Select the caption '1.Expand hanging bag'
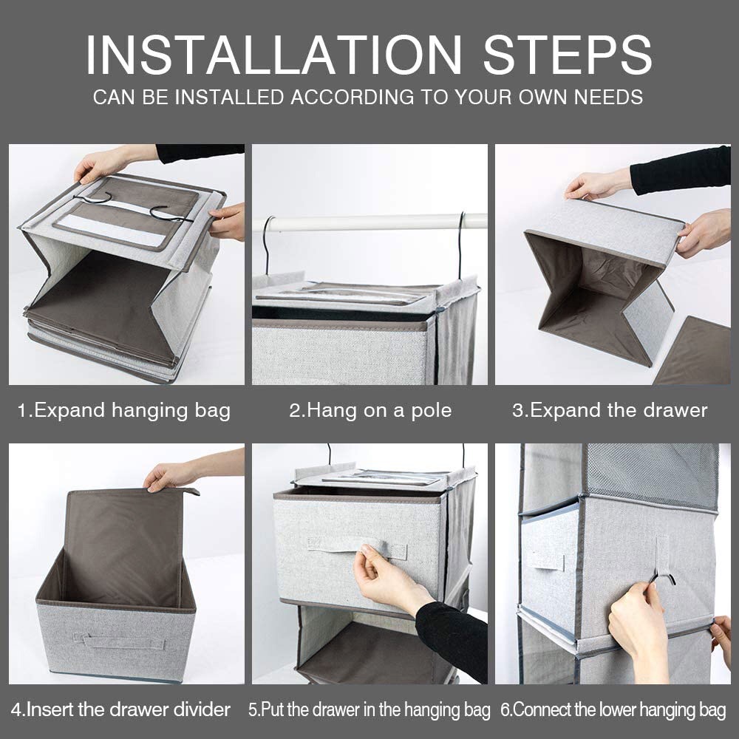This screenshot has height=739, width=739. pyautogui.click(x=124, y=410)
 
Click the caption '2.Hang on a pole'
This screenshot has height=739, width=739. pyautogui.click(x=370, y=410)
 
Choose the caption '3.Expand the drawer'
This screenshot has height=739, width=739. pyautogui.click(x=610, y=410)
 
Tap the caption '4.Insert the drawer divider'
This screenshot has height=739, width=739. pyautogui.click(x=121, y=709)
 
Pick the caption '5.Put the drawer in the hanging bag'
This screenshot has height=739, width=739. pyautogui.click(x=369, y=709)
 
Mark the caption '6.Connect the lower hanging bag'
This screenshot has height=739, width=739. pyautogui.click(x=613, y=709)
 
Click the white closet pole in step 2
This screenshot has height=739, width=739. pyautogui.click(x=372, y=222)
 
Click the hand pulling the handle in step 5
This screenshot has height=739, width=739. pyautogui.click(x=387, y=579)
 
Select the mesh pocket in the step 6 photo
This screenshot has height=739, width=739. pyautogui.click(x=652, y=475)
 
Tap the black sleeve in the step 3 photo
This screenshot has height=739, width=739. pyautogui.click(x=681, y=170)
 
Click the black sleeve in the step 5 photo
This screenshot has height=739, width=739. pyautogui.click(x=452, y=640)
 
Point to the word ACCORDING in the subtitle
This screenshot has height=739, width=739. pyautogui.click(x=352, y=97)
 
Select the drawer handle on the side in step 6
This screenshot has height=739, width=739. pyautogui.click(x=546, y=560)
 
